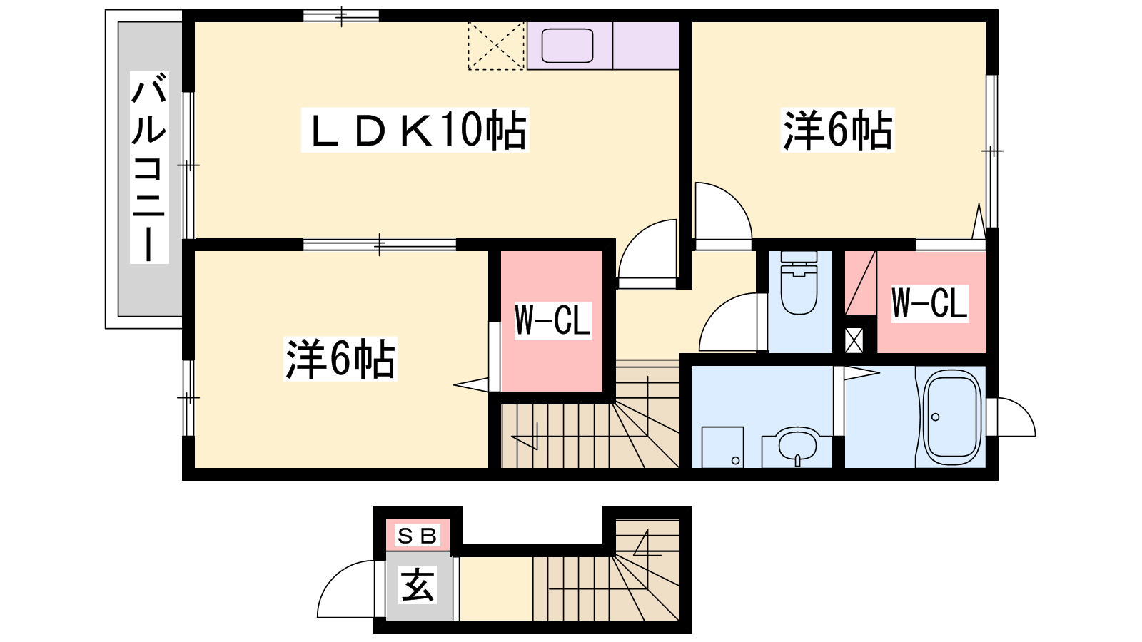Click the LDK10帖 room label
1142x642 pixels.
point(415,130)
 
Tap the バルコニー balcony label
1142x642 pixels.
point(149,167)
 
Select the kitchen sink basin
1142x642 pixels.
point(567,46)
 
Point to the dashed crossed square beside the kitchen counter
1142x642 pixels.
point(496,46)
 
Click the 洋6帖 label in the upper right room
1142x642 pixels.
point(838,130)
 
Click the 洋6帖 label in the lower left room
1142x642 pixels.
point(340,359)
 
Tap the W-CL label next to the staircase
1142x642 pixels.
point(552,320)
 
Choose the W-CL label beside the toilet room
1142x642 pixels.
point(929,303)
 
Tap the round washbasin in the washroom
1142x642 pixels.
point(798,446)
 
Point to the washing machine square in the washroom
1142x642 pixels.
point(722,447)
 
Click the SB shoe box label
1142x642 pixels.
point(417,536)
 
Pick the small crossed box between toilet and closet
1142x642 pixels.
point(854,340)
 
